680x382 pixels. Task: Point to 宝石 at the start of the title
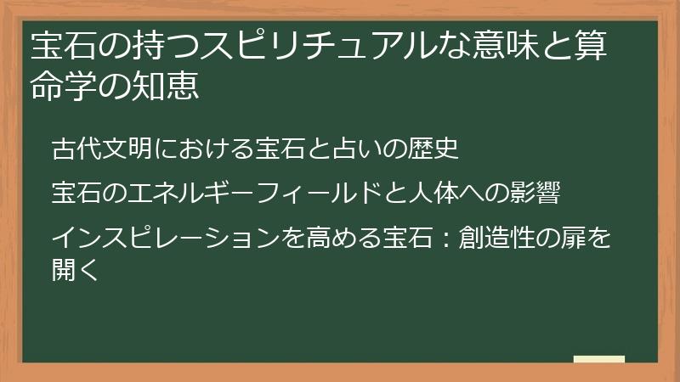pyautogui.click(x=54, y=47)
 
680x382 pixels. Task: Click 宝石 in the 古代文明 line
pyautogui.click(x=279, y=149)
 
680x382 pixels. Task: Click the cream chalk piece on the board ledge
pyautogui.click(x=599, y=360)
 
